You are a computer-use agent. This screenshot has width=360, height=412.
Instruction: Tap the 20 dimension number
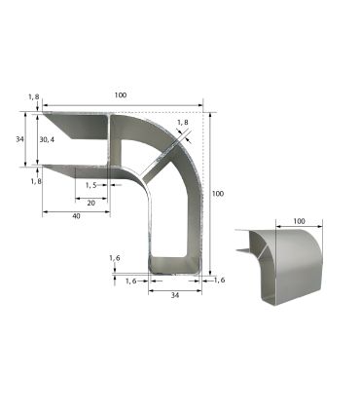point(91,203)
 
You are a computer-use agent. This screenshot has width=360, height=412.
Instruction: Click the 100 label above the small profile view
point(299,222)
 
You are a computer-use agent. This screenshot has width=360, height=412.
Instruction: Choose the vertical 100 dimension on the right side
point(217,194)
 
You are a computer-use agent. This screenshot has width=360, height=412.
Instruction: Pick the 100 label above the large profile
point(120,95)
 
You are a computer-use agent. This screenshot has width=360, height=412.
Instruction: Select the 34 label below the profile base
point(174,294)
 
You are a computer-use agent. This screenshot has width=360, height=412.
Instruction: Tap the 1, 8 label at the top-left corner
point(34,96)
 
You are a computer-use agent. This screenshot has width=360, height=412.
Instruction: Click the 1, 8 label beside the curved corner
point(183,123)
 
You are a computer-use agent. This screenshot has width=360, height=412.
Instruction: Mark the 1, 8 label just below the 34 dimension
point(34,181)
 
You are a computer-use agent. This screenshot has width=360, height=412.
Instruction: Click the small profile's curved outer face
point(297,268)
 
